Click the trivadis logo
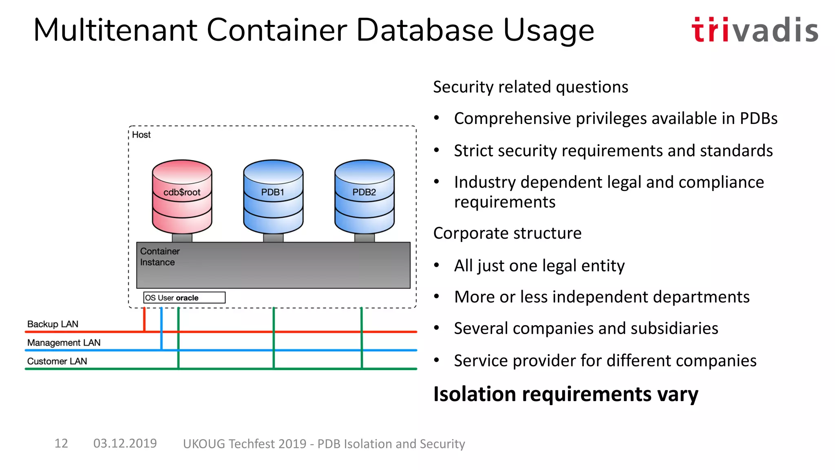[755, 30]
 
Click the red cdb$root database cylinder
[182, 195]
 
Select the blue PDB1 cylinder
[273, 195]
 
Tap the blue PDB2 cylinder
[364, 195]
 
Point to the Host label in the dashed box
[141, 135]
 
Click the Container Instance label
[159, 257]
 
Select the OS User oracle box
[184, 298]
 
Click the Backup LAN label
[53, 324]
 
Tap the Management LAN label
[64, 343]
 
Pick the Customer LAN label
[57, 361]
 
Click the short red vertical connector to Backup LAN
[144, 319]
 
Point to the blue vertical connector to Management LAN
[161, 328]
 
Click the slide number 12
[61, 443]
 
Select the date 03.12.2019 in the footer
[125, 443]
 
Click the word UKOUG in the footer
[204, 444]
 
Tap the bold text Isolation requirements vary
[566, 394]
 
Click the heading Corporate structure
[507, 233]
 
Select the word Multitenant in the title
[116, 30]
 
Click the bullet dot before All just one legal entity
[437, 266]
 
